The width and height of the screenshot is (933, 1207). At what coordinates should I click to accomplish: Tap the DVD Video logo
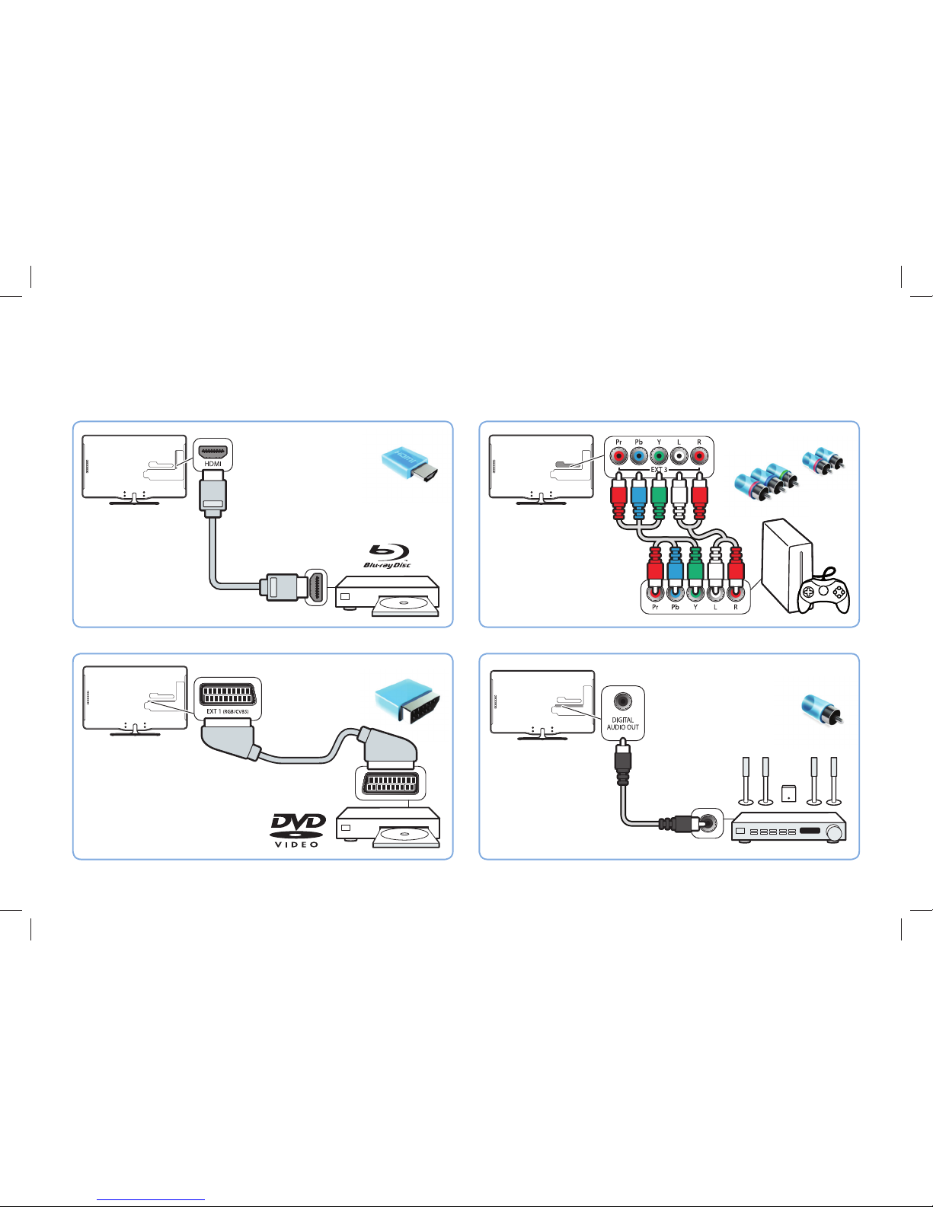point(299,829)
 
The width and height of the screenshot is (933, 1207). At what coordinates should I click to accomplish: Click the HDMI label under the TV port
point(212,463)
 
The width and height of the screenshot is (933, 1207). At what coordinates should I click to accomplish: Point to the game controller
point(823,595)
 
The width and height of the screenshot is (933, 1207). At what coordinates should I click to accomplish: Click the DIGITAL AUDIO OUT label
point(623,723)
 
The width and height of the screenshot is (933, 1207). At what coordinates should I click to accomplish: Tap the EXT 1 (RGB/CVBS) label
point(227,711)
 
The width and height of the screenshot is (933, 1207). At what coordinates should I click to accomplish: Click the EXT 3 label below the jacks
point(658,470)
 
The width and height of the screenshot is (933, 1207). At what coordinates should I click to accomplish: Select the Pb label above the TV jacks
point(638,442)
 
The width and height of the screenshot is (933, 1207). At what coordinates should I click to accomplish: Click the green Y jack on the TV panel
point(659,456)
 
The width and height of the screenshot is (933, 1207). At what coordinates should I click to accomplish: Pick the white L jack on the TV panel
point(679,456)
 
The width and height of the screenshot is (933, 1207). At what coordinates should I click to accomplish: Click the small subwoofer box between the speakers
point(788,793)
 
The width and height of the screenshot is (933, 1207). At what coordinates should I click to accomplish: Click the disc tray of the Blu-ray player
point(405,606)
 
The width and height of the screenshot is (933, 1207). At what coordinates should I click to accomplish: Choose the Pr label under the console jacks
point(655,607)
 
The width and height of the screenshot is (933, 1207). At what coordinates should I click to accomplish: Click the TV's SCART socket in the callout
point(227,694)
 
